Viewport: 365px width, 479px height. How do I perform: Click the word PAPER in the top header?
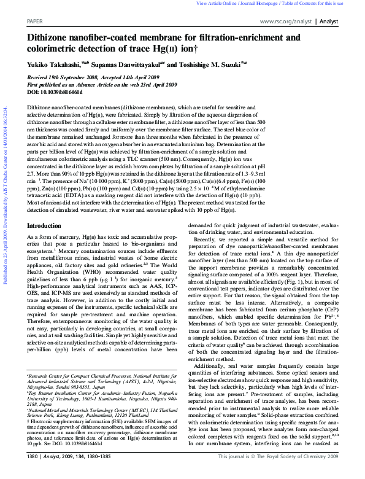coord(35,20)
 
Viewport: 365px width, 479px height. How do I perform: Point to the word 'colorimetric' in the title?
coord(56,49)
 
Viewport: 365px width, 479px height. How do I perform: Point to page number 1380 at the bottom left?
coord(35,473)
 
